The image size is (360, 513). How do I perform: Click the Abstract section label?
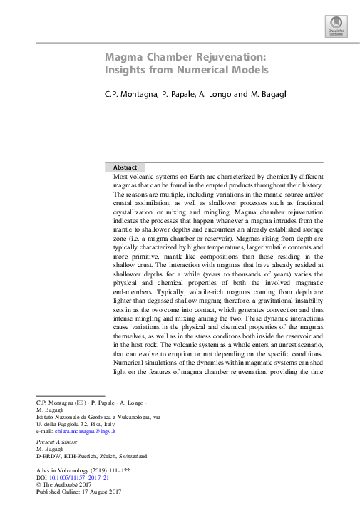click(125, 167)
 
